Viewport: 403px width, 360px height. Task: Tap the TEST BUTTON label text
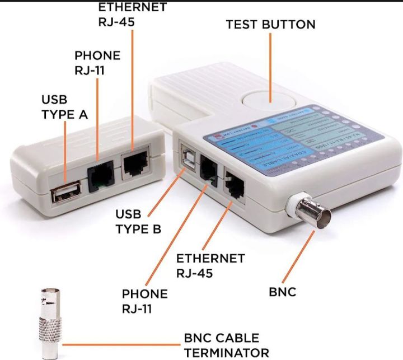pos(270,25)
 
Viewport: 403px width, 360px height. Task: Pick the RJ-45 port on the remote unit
pos(134,163)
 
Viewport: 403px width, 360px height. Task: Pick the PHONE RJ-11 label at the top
pos(97,63)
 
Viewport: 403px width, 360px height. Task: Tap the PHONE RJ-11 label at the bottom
pos(144,301)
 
